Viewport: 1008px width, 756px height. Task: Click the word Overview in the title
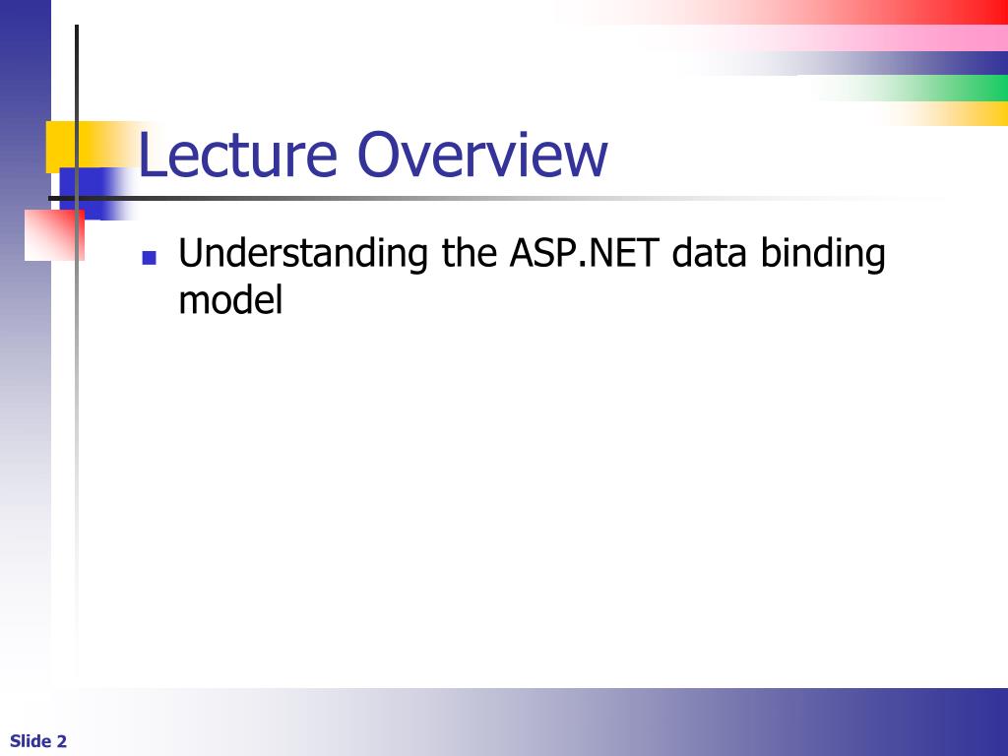482,156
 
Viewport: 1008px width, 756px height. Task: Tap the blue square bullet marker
150,259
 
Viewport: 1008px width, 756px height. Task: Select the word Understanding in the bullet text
303,255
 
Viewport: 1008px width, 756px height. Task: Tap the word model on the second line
230,300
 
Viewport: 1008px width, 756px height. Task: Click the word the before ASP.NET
469,254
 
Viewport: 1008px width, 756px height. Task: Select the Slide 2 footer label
38,741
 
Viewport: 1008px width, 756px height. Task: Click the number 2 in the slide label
62,741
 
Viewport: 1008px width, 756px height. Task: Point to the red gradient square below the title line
53,236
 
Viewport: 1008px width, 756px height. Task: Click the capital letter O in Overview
378,156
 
